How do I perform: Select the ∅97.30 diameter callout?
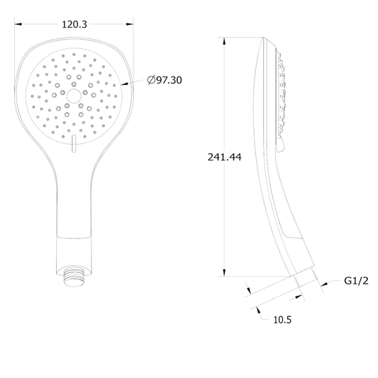point(165,80)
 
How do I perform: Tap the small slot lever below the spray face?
point(72,145)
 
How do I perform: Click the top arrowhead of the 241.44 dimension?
point(225,41)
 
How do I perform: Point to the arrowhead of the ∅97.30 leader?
point(128,83)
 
